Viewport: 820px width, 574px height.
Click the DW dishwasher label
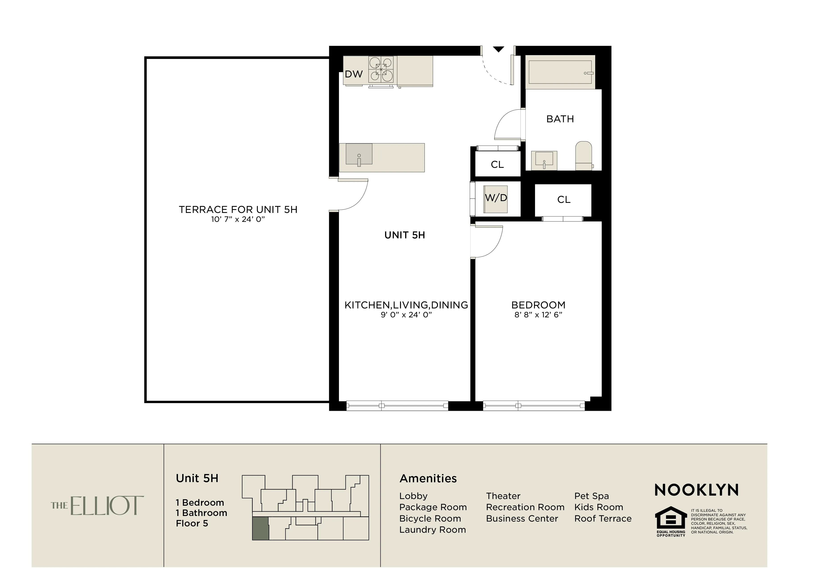(353, 74)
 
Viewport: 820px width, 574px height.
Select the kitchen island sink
(359, 154)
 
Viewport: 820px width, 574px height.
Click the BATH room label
(560, 119)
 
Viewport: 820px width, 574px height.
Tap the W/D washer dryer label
(496, 198)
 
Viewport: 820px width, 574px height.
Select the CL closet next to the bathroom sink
(497, 165)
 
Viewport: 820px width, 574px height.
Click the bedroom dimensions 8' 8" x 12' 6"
(538, 315)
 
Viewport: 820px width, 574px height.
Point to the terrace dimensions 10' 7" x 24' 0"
(238, 219)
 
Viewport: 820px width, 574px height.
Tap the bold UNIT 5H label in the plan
(404, 235)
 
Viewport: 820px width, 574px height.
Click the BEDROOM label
(538, 305)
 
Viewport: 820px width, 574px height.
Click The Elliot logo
(97, 505)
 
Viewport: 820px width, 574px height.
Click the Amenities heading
(428, 478)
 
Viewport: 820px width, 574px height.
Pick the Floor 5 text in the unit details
(192, 524)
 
